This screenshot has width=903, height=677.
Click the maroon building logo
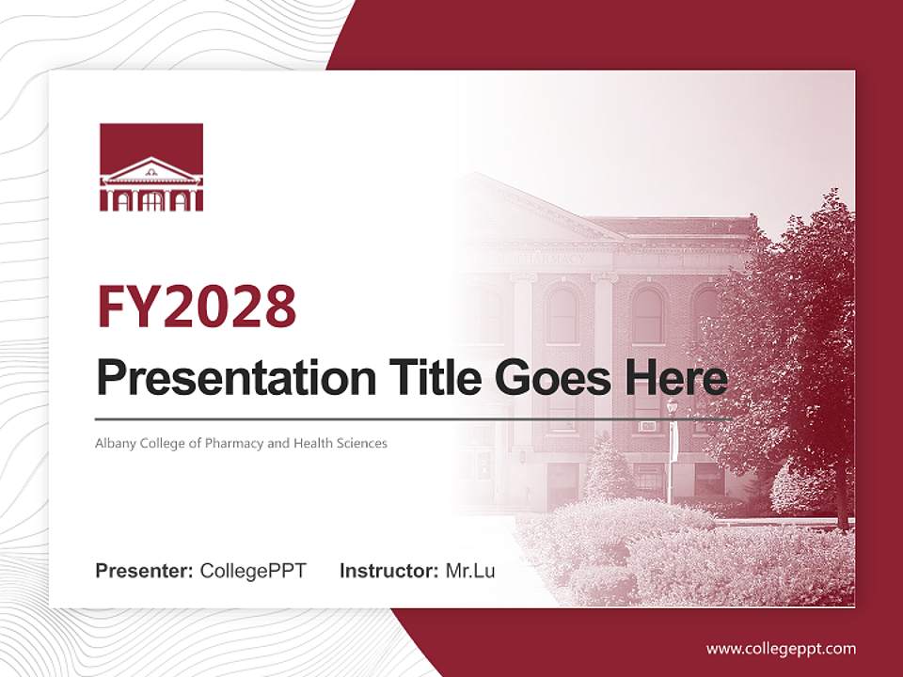click(x=151, y=167)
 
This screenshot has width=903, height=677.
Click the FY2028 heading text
click(x=197, y=306)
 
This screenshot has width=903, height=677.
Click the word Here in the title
click(x=677, y=378)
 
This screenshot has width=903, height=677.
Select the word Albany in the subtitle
click(x=115, y=443)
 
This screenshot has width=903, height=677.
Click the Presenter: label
click(x=145, y=571)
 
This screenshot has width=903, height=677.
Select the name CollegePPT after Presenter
click(x=253, y=571)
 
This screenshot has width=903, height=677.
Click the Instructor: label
click(x=388, y=571)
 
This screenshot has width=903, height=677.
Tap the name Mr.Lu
click(x=470, y=571)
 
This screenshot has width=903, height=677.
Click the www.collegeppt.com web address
click(x=781, y=648)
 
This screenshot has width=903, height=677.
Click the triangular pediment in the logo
click(x=151, y=170)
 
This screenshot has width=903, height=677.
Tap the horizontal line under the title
click(x=414, y=418)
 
